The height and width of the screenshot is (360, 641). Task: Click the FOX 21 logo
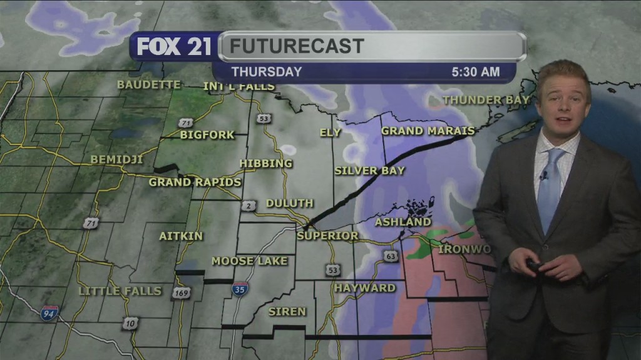174,47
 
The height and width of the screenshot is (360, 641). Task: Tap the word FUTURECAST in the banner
297,46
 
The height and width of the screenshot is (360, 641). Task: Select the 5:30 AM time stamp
476,72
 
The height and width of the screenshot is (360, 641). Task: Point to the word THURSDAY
267,72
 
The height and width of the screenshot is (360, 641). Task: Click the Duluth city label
289,203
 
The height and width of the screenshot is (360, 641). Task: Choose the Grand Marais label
428,131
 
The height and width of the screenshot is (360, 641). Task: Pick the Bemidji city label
116,159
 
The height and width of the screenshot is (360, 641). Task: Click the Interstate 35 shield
240,288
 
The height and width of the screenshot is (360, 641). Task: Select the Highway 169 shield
181,292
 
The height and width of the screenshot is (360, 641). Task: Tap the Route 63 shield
391,256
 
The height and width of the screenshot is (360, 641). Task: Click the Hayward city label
364,288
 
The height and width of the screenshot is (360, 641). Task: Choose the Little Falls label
120,291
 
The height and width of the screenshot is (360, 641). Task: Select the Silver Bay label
369,170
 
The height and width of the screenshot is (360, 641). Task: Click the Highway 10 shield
130,322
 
